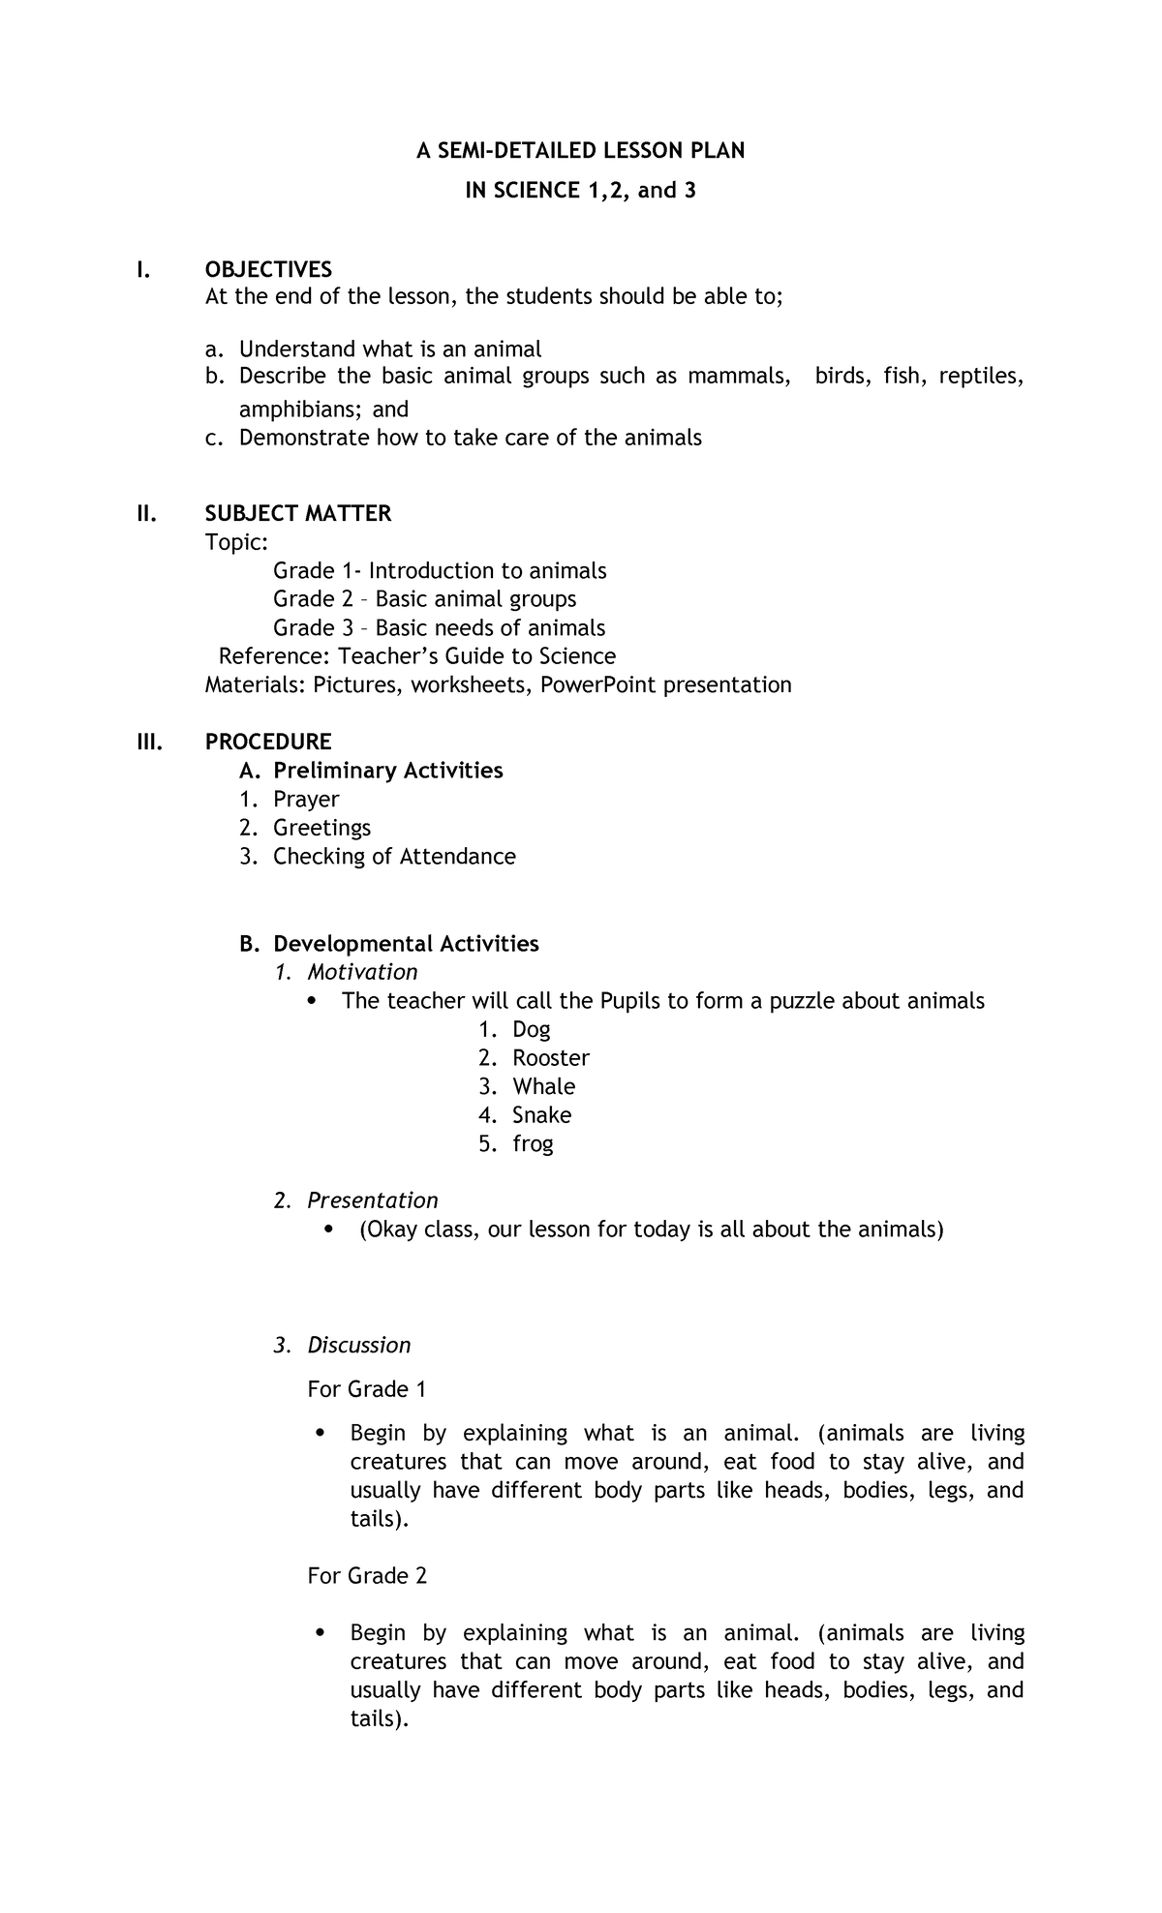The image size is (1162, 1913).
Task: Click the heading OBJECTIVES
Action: pyautogui.click(x=268, y=269)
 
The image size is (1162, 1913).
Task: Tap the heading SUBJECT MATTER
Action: pyautogui.click(x=298, y=513)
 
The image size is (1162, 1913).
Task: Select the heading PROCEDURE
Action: pyautogui.click(x=268, y=742)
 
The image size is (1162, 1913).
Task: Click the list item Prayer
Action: pyautogui.click(x=306, y=800)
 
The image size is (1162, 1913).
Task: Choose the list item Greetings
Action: pyautogui.click(x=321, y=828)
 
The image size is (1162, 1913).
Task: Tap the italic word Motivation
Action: pyautogui.click(x=362, y=972)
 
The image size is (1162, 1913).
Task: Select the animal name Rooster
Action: pyautogui.click(x=551, y=1058)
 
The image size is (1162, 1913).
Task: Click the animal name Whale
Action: pyautogui.click(x=543, y=1086)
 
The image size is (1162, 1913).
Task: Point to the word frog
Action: pyautogui.click(x=533, y=1144)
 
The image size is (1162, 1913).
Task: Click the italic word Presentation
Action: pyautogui.click(x=372, y=1200)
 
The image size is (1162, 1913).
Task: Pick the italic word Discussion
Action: pyautogui.click(x=358, y=1345)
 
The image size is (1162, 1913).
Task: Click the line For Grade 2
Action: pyautogui.click(x=367, y=1576)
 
